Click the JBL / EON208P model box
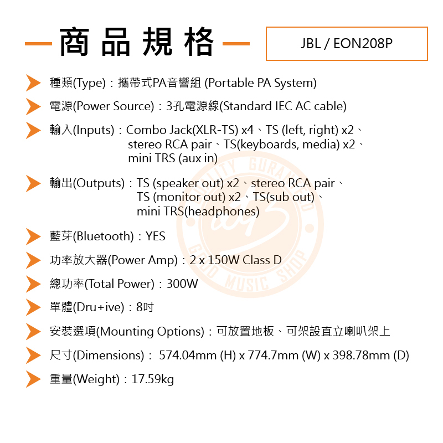coord(347,44)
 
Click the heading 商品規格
coord(137,42)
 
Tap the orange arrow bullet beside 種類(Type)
coord(33,83)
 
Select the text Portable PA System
coord(260,83)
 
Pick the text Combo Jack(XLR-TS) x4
coord(190,130)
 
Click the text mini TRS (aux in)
coord(172,158)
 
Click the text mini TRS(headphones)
coord(198,212)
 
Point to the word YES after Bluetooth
coord(156,236)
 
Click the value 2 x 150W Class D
coord(235,260)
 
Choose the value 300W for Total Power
coord(182,284)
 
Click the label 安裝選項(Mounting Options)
coord(127,332)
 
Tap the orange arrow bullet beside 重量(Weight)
coord(33,379)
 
